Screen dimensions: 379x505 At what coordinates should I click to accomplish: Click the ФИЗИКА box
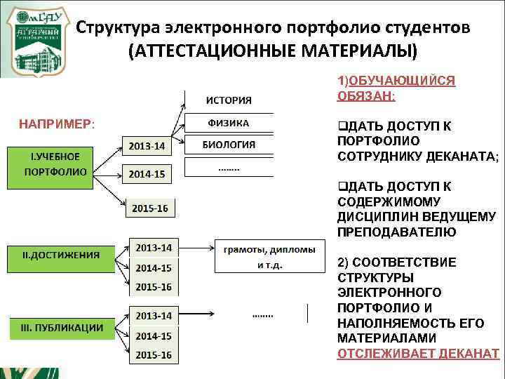(229, 123)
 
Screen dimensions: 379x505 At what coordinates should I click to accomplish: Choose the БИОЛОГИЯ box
(229, 145)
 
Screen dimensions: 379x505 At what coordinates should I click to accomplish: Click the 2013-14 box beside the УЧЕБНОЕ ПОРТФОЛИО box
(147, 146)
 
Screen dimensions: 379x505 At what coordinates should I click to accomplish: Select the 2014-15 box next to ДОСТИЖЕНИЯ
(154, 267)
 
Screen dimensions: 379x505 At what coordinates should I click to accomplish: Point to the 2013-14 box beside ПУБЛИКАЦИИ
(154, 316)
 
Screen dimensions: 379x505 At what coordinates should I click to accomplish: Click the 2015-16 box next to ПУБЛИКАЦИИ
(154, 355)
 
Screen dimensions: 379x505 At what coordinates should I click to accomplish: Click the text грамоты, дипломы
(269, 249)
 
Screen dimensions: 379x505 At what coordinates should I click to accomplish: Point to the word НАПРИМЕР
(56, 124)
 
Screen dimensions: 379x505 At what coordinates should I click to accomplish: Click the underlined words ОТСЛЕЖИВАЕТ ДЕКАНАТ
(418, 353)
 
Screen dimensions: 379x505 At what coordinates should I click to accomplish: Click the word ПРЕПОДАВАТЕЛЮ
(396, 232)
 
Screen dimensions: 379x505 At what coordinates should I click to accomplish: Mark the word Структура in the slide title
(119, 27)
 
